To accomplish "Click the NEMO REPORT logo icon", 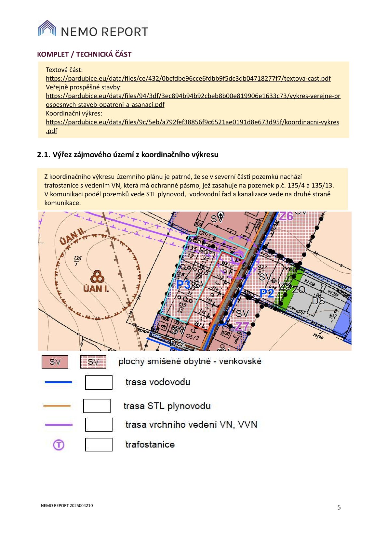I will click(x=47, y=28).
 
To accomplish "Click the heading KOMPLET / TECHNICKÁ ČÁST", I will click(x=84, y=54).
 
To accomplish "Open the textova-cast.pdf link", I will click(x=188, y=78).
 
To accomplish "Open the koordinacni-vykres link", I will click(x=192, y=122).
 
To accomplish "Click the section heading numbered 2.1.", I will click(x=127, y=155).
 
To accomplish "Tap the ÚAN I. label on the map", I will click(x=96, y=289).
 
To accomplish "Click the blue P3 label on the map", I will click(x=183, y=285).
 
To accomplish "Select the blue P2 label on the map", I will click(x=267, y=293).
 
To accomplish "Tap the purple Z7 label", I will click(x=242, y=326).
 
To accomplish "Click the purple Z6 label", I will click(x=286, y=216).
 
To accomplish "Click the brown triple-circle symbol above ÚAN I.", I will click(x=97, y=277).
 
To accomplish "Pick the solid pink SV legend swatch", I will click(x=55, y=362).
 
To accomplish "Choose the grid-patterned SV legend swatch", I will click(x=93, y=362).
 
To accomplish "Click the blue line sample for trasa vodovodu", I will click(x=58, y=382).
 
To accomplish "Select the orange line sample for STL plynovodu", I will click(x=57, y=406).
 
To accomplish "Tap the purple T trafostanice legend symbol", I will click(x=59, y=445).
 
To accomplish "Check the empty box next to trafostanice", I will click(x=99, y=445).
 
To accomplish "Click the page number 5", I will click(x=339, y=507).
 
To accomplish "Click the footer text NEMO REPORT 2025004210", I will click(x=67, y=506).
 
